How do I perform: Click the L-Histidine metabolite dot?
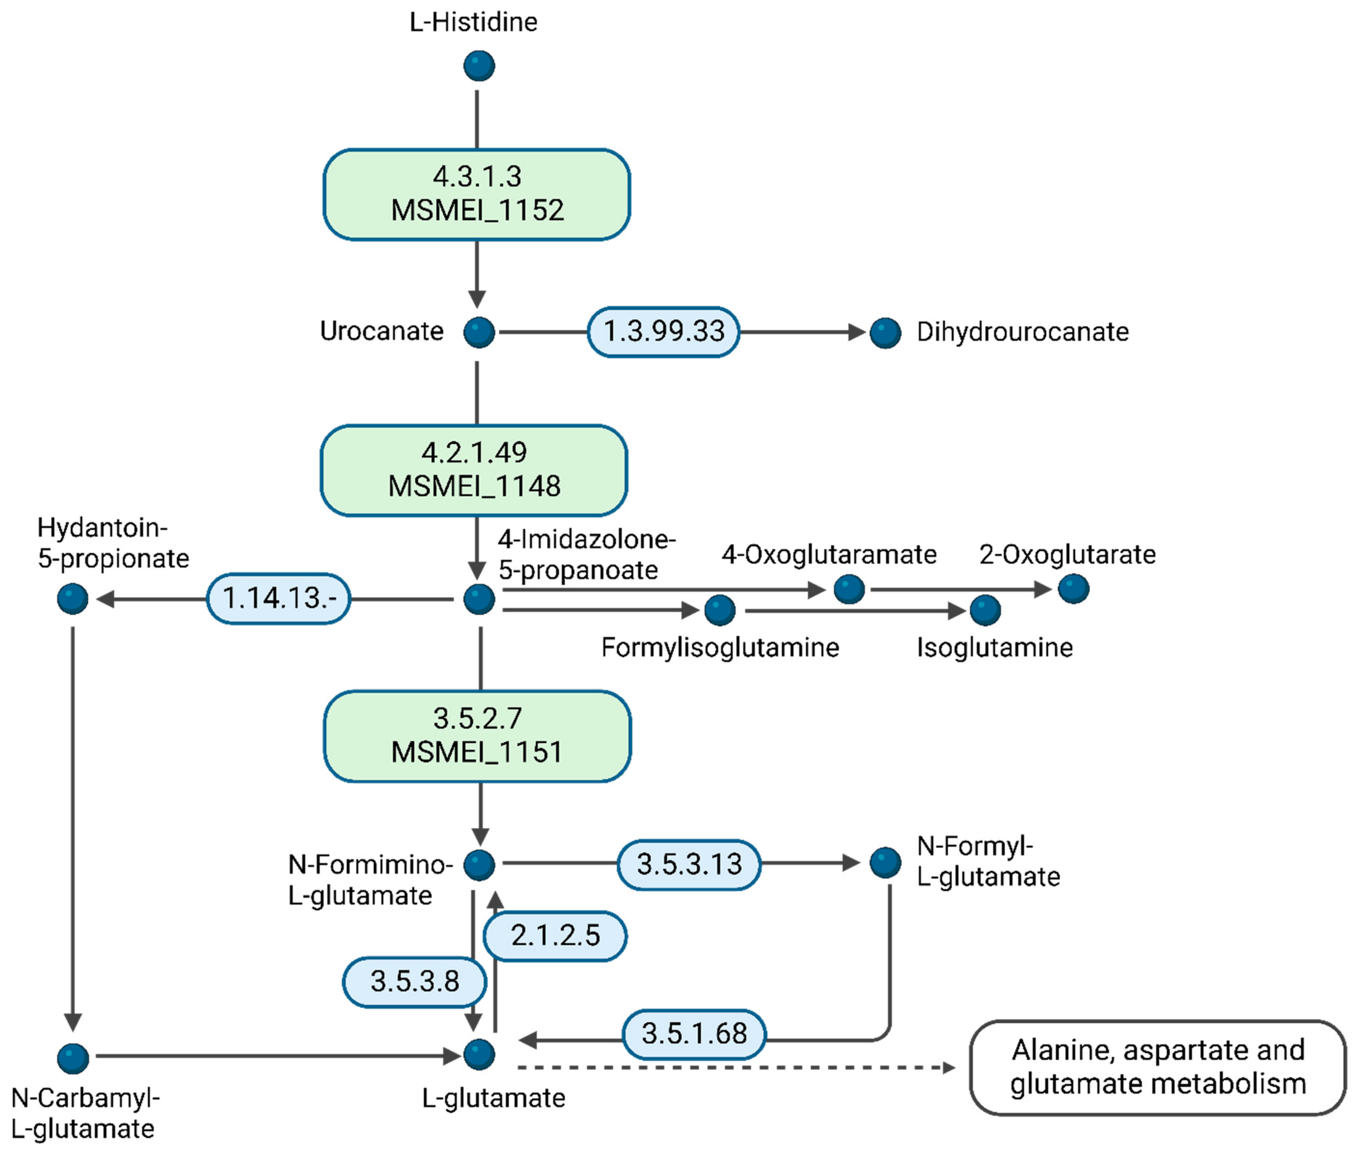[x=479, y=66]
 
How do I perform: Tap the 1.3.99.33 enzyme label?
[x=664, y=332]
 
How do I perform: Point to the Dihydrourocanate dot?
[x=885, y=333]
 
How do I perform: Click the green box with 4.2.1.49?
[x=474, y=470]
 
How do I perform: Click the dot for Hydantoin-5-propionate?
[x=73, y=599]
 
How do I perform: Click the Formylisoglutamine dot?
[x=720, y=610]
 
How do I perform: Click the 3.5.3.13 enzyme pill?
[x=689, y=864]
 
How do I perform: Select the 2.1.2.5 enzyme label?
[x=555, y=936]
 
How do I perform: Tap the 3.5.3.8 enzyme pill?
[x=415, y=982]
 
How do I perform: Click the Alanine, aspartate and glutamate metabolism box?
[x=1157, y=1067]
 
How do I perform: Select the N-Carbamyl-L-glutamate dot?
[x=73, y=1058]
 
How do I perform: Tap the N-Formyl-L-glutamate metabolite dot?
[x=885, y=863]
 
